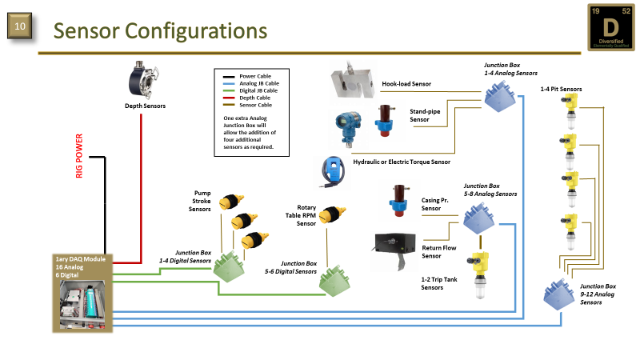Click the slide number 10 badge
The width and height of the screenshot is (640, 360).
pyautogui.click(x=20, y=28)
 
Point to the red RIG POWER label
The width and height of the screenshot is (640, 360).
pyautogui.click(x=80, y=158)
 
